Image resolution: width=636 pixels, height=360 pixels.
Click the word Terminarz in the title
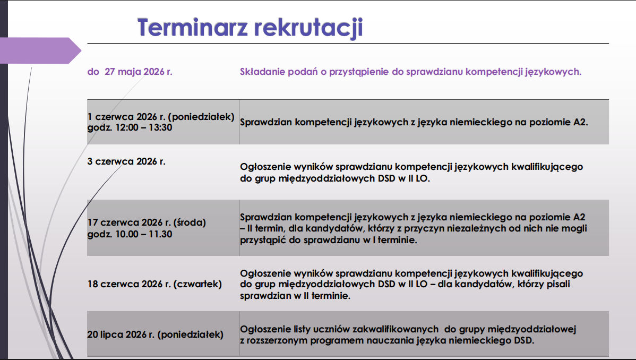point(193,27)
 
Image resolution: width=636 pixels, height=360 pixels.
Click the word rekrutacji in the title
point(308,28)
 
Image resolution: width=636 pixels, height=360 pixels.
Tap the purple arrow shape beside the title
point(40,50)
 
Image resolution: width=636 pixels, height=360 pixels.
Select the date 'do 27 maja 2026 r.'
point(130,72)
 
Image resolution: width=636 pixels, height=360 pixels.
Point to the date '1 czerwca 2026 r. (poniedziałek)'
point(161,117)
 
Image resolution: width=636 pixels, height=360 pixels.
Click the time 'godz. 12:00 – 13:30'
point(130,128)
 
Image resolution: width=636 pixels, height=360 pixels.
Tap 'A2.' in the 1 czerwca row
point(580,122)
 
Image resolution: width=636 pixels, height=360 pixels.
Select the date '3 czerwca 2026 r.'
point(126,161)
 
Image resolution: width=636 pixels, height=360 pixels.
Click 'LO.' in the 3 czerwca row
point(423,178)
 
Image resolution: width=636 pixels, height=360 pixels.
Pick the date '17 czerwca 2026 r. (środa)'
point(147,223)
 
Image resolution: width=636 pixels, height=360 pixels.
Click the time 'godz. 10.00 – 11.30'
point(130,234)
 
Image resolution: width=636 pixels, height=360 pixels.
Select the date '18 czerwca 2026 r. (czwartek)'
point(154,284)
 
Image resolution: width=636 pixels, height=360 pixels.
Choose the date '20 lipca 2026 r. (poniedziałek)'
point(156,335)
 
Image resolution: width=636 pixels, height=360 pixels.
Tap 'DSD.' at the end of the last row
point(524,340)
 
